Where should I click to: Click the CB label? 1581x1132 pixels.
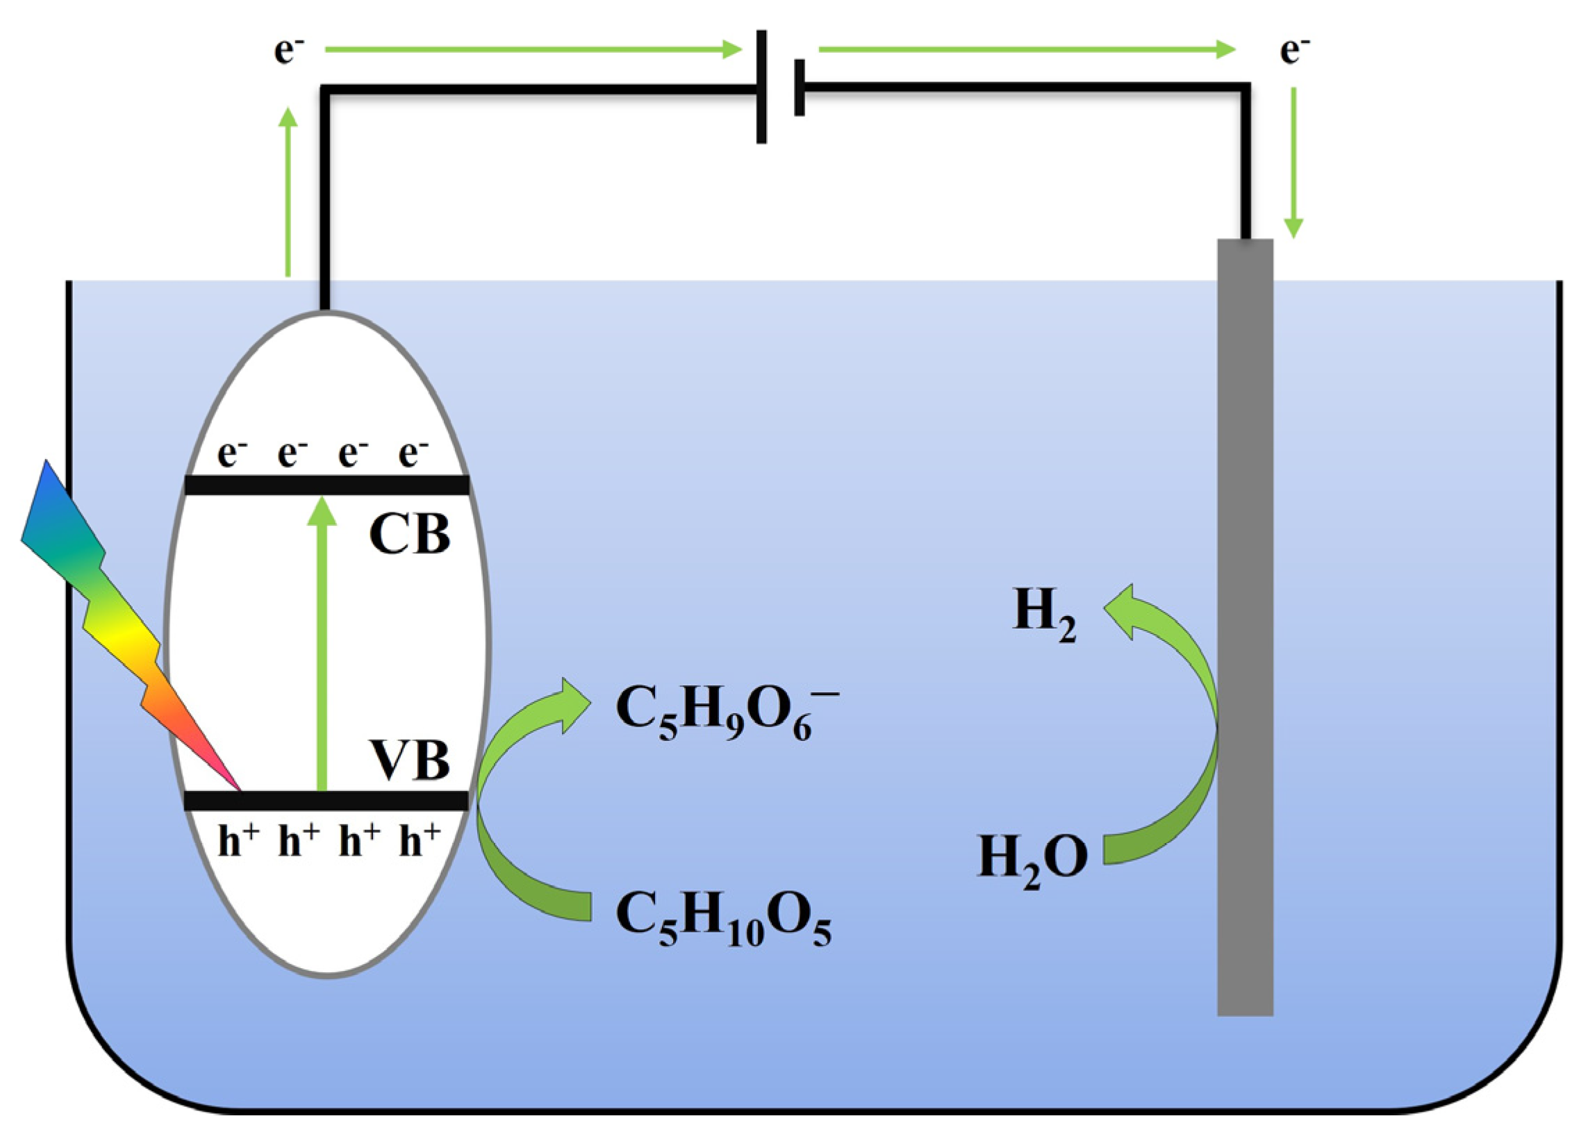(x=409, y=535)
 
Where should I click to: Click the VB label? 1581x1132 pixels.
(x=409, y=760)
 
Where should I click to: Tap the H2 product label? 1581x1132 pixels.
(x=1043, y=613)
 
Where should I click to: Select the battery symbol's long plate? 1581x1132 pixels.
(x=761, y=87)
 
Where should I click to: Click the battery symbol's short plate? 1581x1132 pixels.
(x=799, y=88)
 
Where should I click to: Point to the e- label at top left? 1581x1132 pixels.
(x=288, y=50)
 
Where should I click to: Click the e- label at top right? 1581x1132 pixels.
(x=1295, y=50)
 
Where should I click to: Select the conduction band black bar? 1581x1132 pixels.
(x=326, y=485)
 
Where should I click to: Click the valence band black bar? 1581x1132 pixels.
(x=326, y=800)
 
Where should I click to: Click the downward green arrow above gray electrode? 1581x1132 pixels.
(x=1294, y=164)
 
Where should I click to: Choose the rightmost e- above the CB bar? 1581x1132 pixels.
(x=413, y=453)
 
